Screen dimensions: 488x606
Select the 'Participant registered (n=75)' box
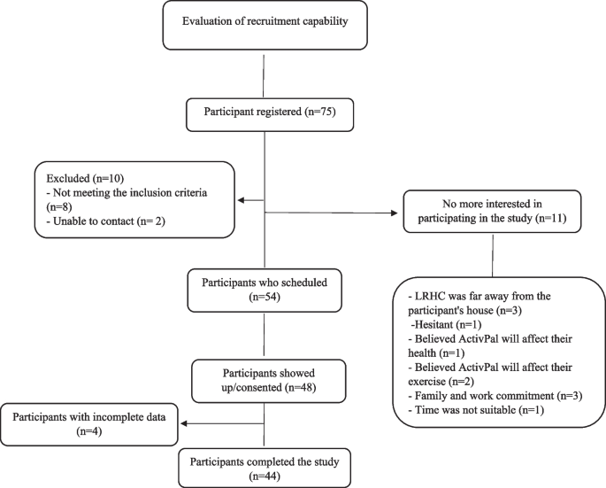[264, 113]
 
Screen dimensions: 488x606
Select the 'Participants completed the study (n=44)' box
[264, 466]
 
